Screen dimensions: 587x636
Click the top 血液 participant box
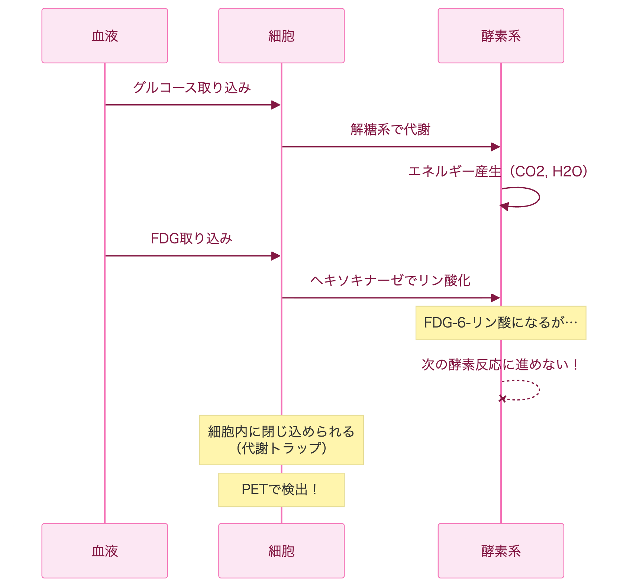click(x=104, y=36)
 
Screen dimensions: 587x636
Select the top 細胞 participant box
click(x=281, y=36)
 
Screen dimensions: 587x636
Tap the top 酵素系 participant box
click(x=500, y=36)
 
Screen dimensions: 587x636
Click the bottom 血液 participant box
click(x=104, y=551)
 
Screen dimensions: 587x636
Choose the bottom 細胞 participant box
click(x=281, y=551)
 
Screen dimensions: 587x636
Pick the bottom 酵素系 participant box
click(x=500, y=551)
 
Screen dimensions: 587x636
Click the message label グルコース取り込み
click(x=192, y=87)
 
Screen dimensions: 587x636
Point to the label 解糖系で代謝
click(x=390, y=130)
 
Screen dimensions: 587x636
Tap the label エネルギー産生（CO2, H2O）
click(x=498, y=172)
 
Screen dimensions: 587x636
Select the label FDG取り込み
click(x=192, y=239)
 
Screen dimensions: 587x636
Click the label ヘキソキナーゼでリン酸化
click(x=390, y=280)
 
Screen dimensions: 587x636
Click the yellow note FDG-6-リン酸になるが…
click(x=500, y=323)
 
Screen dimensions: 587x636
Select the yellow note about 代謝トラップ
click(x=281, y=440)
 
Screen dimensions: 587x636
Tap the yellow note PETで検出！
click(x=281, y=489)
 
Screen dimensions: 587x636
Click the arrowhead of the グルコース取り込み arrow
click(x=276, y=105)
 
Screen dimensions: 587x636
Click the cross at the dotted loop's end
click(x=502, y=399)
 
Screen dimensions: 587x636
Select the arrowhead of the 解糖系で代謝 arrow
click(x=495, y=147)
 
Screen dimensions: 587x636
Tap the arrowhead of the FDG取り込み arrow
click(x=276, y=256)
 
